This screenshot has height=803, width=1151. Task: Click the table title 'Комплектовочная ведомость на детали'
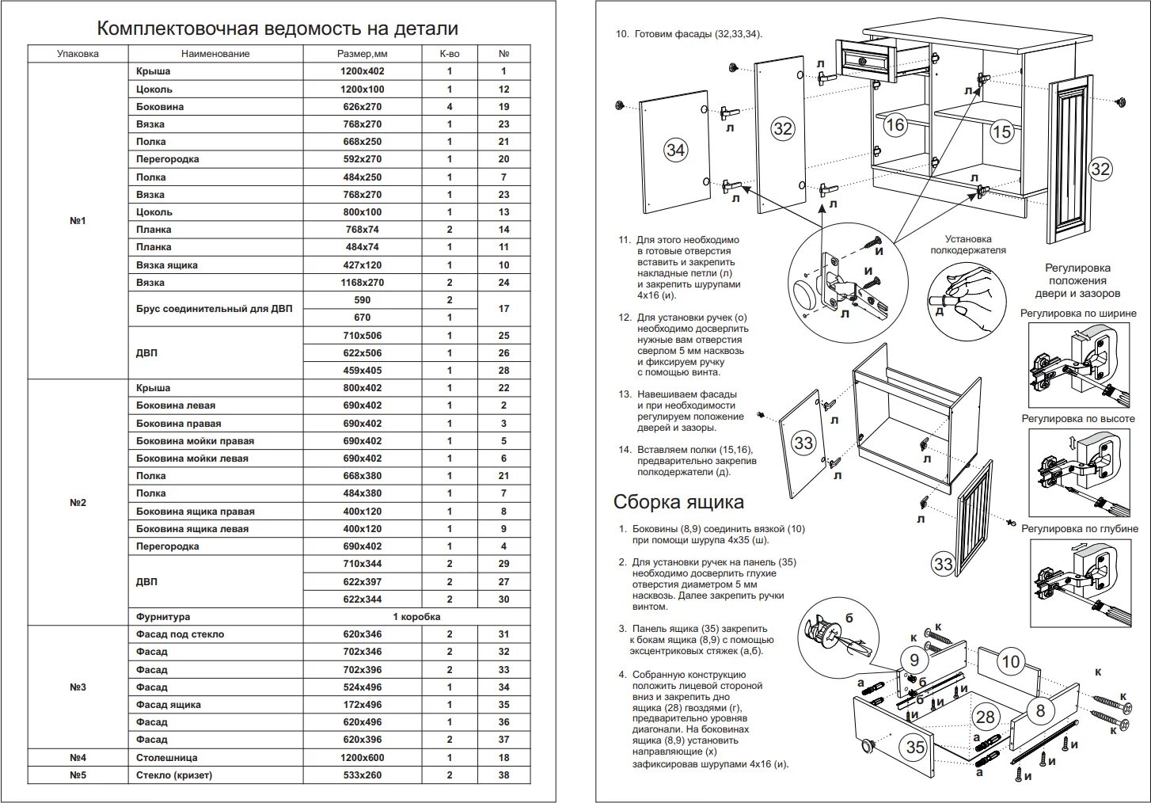tap(277, 29)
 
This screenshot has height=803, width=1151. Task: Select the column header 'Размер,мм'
tap(362, 54)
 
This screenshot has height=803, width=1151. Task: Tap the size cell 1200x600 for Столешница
tap(362, 758)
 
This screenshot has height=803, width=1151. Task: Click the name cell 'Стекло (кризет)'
tap(174, 775)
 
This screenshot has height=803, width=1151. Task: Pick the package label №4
tap(78, 758)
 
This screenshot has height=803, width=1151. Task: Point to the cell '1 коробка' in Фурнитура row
tap(416, 617)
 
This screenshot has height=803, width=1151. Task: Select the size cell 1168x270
tap(362, 283)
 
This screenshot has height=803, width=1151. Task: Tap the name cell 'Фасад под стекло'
tap(180, 634)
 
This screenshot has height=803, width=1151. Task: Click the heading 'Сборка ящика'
tap(678, 502)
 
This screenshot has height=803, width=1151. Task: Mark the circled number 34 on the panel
tap(675, 150)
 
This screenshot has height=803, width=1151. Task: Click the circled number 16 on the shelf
tap(895, 125)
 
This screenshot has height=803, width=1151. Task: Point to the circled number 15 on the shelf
tap(1001, 131)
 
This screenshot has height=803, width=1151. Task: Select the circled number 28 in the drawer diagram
tap(985, 717)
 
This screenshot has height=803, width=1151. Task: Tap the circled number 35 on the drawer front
tap(915, 747)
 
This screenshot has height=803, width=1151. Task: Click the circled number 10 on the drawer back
tap(1011, 661)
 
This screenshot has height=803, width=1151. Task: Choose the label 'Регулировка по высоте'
tap(1077, 419)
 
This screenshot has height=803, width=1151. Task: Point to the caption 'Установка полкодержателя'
tap(967, 244)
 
